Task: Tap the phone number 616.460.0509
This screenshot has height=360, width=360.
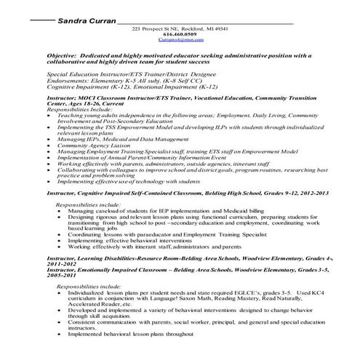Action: (180, 34)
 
